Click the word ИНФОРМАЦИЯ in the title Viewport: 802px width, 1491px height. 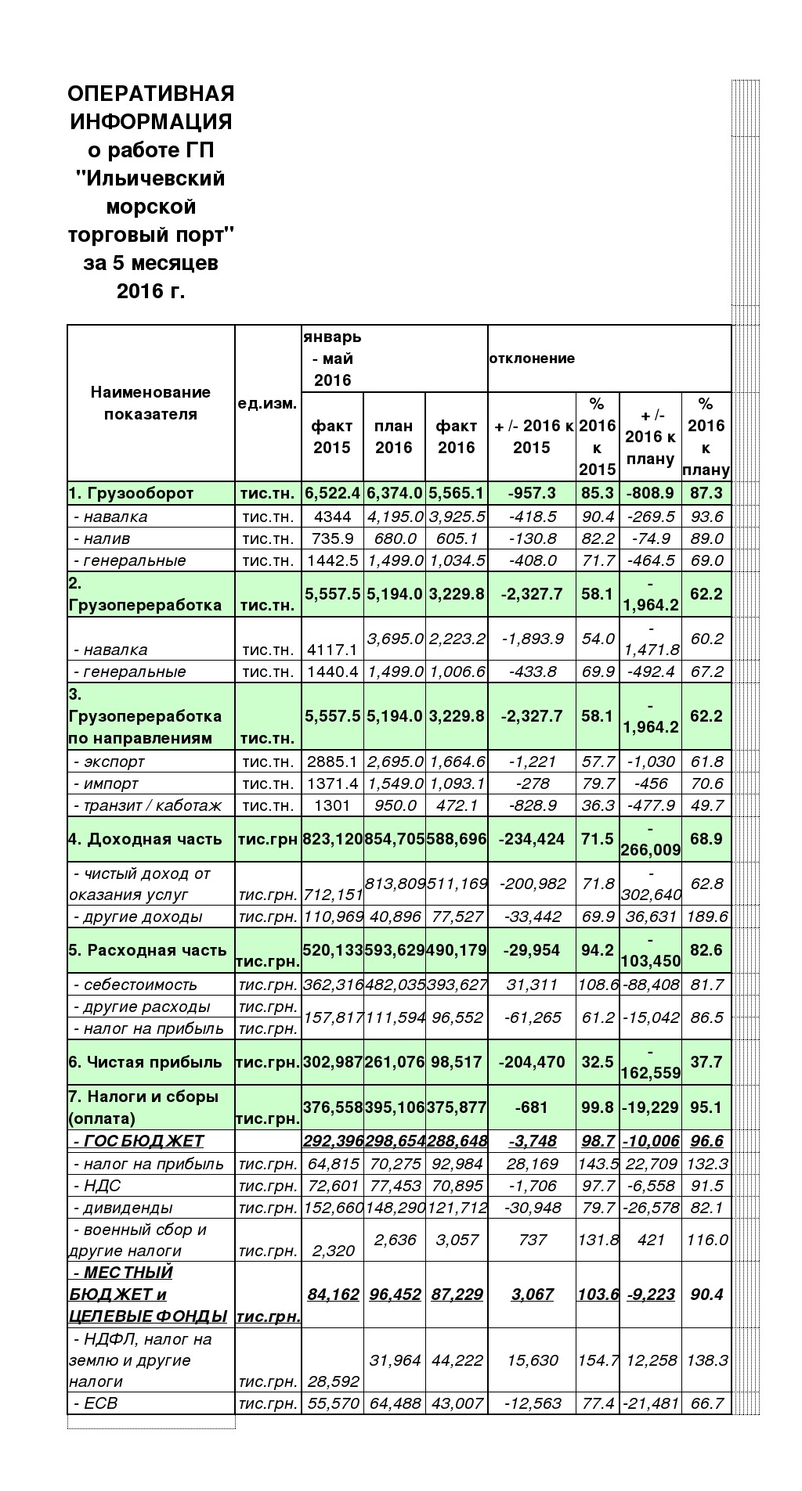point(150,122)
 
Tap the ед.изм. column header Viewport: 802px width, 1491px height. point(267,404)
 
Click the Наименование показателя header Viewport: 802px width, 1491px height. point(150,403)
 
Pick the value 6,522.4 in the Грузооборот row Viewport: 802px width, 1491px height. point(332,494)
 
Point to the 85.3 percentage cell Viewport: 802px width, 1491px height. point(597,494)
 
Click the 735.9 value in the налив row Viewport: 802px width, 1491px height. point(332,538)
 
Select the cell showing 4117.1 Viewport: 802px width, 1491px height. point(332,650)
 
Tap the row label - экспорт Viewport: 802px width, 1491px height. point(109,762)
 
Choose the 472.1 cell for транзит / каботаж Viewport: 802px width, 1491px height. point(456,805)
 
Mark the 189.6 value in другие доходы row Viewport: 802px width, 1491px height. point(706,917)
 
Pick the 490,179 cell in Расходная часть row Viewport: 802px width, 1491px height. point(456,950)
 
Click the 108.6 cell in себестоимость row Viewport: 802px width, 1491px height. point(598,985)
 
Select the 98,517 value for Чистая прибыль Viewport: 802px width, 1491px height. point(456,1062)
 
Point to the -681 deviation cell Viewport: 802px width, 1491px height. point(532,1107)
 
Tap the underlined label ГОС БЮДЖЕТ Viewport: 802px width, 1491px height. point(139,1141)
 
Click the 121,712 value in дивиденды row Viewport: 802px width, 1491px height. point(456,1208)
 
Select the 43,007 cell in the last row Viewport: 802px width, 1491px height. point(456,1403)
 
